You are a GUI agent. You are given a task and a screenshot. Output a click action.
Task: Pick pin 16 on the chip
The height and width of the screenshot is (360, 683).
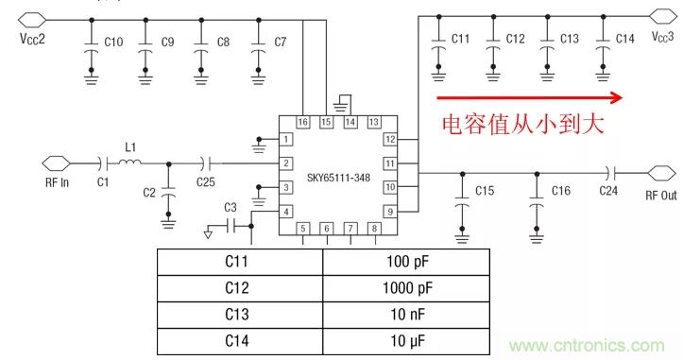point(302,122)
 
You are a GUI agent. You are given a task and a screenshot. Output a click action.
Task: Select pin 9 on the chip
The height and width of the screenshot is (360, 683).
point(388,212)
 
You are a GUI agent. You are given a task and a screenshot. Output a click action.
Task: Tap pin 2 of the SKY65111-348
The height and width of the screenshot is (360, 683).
point(286,163)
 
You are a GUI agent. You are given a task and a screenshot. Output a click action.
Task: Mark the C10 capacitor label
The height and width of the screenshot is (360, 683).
point(112,42)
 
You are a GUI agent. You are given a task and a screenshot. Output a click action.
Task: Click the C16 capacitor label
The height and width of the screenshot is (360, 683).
point(561,191)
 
